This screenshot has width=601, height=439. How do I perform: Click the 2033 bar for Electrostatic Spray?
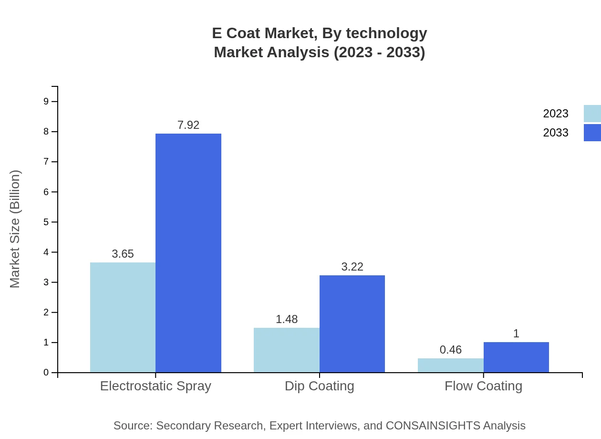tap(188, 253)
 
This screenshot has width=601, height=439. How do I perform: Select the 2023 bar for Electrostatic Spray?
tap(123, 317)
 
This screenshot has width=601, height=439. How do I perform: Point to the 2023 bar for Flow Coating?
tap(450, 365)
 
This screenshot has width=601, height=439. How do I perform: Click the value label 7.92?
tap(188, 125)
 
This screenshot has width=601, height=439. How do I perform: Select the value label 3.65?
tap(123, 254)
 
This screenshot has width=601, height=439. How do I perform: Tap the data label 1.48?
tap(287, 319)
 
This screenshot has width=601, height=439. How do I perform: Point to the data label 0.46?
tap(451, 350)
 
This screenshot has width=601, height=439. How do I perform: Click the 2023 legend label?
tap(556, 114)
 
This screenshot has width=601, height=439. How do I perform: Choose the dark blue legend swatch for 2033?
tap(592, 133)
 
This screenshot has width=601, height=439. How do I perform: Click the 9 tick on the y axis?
tap(46, 101)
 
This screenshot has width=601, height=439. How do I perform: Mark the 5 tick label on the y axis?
tap(46, 222)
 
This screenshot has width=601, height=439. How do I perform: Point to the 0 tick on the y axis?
tap(46, 373)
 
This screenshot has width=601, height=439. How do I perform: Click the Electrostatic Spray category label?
tap(155, 386)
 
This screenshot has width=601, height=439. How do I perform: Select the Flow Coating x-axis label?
tap(483, 386)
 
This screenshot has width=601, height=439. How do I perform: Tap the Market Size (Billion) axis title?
tap(15, 229)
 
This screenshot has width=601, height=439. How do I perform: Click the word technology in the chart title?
tap(386, 33)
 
